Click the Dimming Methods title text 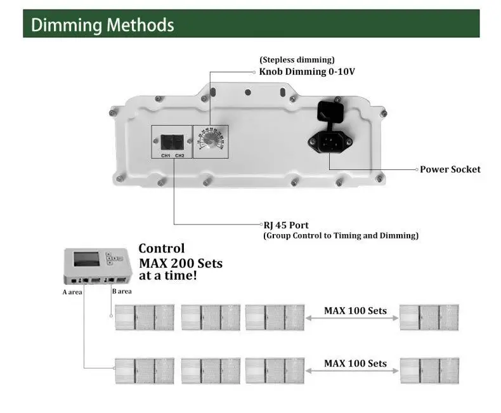102,25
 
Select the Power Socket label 450,169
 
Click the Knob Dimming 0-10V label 307,72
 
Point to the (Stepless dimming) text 297,60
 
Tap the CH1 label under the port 165,155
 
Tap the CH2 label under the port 179,155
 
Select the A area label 73,292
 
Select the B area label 122,292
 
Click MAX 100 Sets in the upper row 355,311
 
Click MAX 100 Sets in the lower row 355,364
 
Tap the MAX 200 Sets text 180,263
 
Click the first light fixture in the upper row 144,317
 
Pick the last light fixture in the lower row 429,370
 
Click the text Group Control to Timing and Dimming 341,235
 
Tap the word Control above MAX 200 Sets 162,249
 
